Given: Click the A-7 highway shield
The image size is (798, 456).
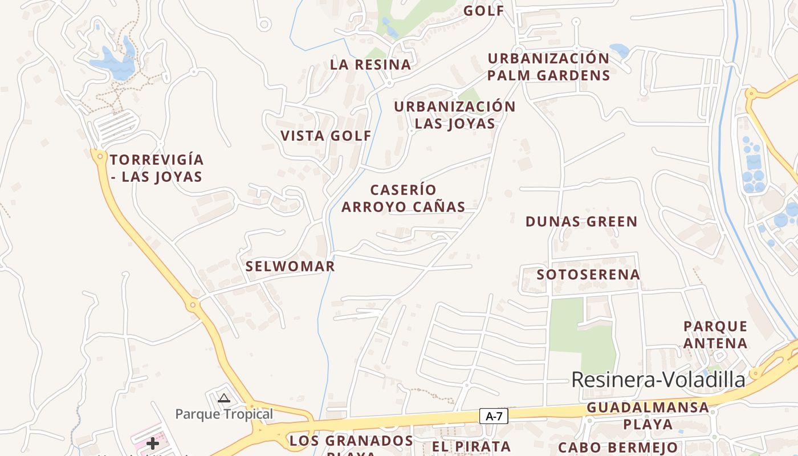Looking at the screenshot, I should pyautogui.click(x=494, y=416).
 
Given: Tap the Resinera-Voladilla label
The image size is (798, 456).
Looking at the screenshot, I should pyautogui.click(x=658, y=380).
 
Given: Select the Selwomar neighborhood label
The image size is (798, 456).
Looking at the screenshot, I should pyautogui.click(x=290, y=266).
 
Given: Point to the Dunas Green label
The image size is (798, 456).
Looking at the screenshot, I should pyautogui.click(x=581, y=222).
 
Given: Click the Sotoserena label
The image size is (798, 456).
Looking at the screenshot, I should pyautogui.click(x=588, y=275).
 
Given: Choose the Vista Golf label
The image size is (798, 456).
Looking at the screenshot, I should pyautogui.click(x=326, y=136).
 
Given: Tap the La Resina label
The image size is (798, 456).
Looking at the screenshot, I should pyautogui.click(x=370, y=64).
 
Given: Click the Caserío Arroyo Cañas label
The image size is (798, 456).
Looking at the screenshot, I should pyautogui.click(x=404, y=198).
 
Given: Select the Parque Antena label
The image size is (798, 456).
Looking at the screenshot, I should pyautogui.click(x=715, y=335).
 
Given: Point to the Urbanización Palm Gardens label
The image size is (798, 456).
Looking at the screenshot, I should pyautogui.click(x=548, y=67).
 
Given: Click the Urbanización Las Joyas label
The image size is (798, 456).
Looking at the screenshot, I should pyautogui.click(x=454, y=115).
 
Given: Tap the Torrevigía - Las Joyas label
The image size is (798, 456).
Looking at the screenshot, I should pyautogui.click(x=157, y=168).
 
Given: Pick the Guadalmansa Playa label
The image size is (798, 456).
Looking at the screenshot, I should pyautogui.click(x=648, y=416).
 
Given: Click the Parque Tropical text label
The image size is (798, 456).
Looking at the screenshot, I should pyautogui.click(x=224, y=414).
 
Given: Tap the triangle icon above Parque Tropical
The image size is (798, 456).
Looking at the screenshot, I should pyautogui.click(x=224, y=398).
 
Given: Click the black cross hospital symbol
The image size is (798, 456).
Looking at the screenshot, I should pyautogui.click(x=153, y=443).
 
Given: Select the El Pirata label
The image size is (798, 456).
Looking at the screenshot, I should pyautogui.click(x=471, y=446).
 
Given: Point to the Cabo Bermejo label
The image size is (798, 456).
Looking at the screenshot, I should pyautogui.click(x=618, y=447).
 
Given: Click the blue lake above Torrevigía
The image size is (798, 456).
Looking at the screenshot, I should pyautogui.click(x=114, y=64).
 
